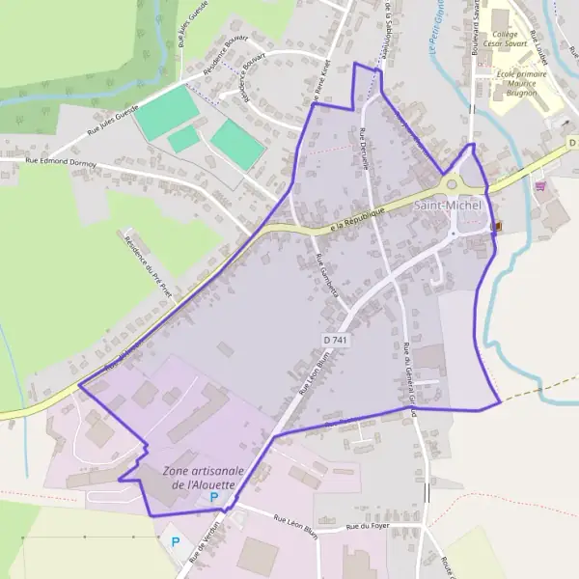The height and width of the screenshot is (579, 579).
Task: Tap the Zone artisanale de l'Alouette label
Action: coord(204,477)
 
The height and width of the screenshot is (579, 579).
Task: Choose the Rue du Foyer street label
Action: coord(366,526)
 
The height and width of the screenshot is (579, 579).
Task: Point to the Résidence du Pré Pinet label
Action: coord(147,264)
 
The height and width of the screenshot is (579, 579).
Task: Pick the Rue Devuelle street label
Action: coord(365,150)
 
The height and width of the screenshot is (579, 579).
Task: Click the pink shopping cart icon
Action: coord(539,186)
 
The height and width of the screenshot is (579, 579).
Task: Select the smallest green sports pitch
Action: coord(183,140)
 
